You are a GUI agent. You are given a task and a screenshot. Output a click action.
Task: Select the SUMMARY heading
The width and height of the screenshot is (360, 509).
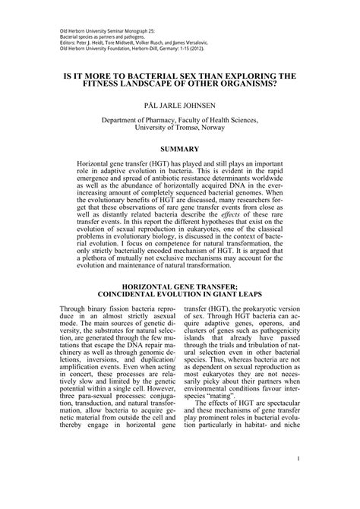(x=179, y=149)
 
